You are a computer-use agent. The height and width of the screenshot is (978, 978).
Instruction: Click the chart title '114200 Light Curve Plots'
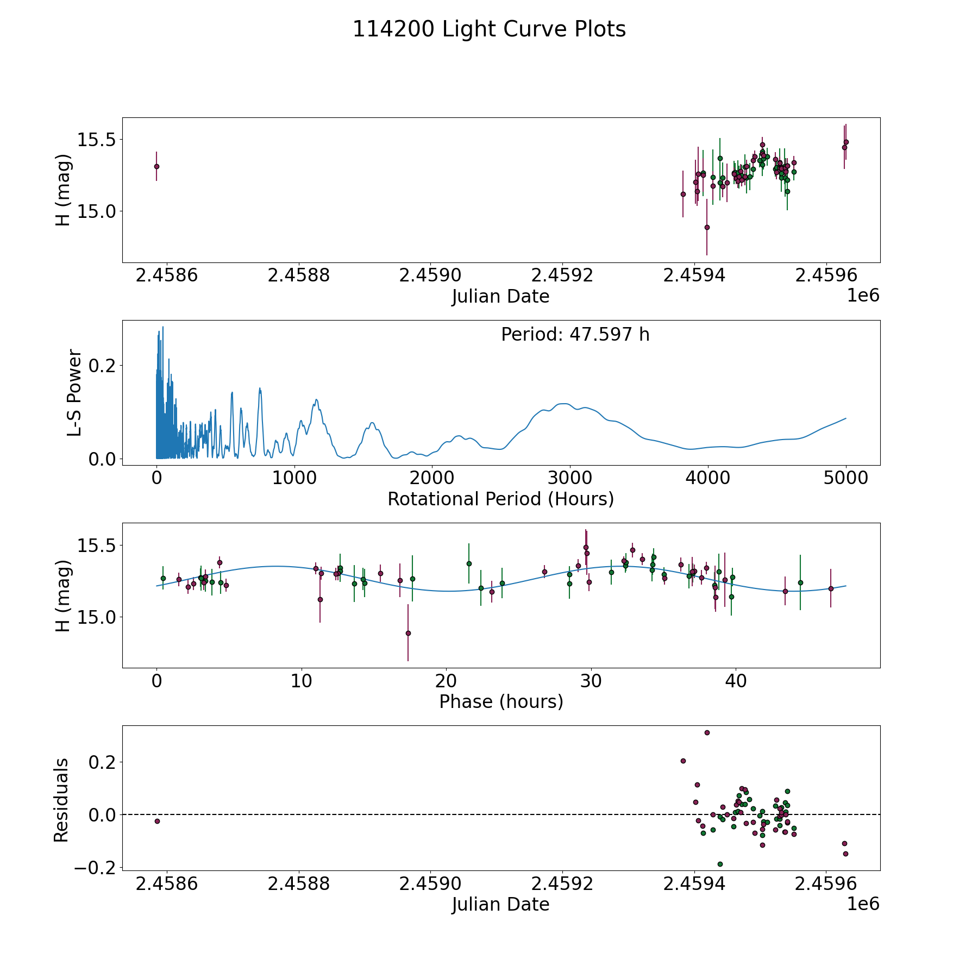489,29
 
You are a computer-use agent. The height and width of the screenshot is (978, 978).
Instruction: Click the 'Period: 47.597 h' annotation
575,335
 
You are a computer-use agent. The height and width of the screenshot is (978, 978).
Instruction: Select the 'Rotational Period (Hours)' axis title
500,499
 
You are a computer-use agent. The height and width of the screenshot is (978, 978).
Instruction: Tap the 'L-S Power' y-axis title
74,393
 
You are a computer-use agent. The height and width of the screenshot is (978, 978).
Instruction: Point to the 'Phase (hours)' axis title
501,701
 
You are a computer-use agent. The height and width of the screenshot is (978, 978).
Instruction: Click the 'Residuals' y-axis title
61,800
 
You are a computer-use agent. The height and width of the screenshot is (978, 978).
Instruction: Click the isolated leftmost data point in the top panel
156,166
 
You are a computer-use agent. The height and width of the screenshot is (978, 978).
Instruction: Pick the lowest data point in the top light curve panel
707,227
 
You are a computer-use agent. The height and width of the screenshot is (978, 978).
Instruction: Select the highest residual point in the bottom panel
707,732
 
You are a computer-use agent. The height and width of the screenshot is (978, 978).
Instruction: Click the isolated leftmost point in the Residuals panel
157,821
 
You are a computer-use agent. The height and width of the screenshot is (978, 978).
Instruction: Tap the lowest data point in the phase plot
408,633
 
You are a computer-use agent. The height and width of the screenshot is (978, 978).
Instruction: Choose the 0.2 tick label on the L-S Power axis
102,365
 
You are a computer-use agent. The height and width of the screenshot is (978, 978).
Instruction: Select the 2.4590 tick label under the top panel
430,275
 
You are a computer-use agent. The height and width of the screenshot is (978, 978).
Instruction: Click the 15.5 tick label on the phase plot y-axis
96,545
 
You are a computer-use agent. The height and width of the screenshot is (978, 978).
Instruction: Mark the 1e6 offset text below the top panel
863,296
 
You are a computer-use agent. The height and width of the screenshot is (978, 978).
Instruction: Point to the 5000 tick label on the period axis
846,478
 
